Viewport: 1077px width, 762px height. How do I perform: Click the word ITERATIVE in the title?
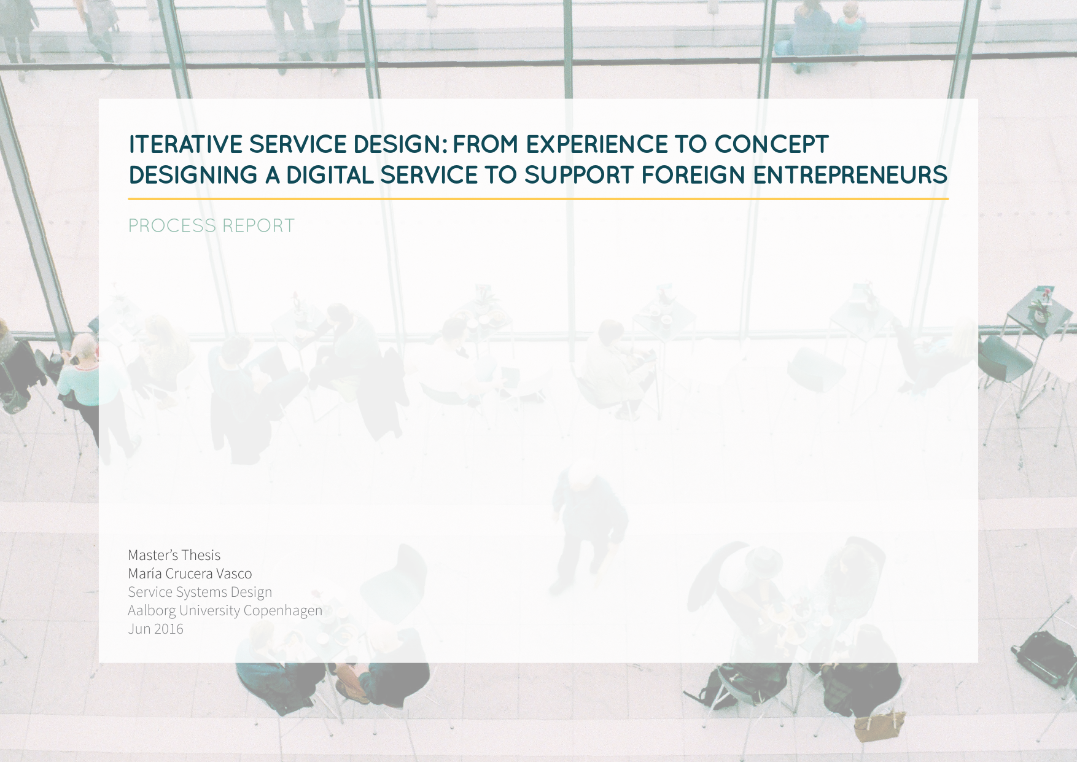pos(186,144)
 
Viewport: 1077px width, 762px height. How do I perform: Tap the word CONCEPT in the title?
pos(772,144)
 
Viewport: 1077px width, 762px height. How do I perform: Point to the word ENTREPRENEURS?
pos(850,175)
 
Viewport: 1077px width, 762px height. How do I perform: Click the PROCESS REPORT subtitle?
pos(211,226)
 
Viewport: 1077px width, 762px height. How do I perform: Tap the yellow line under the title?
pos(538,199)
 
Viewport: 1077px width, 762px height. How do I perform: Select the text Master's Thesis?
pos(174,555)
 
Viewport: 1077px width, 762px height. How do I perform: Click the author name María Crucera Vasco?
pos(190,573)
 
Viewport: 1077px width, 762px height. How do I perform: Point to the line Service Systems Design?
pos(200,592)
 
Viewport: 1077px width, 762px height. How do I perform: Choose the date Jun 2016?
pos(156,629)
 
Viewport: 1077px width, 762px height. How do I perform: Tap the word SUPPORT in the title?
pos(580,175)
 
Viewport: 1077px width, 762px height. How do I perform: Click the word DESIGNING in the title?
pos(193,175)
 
